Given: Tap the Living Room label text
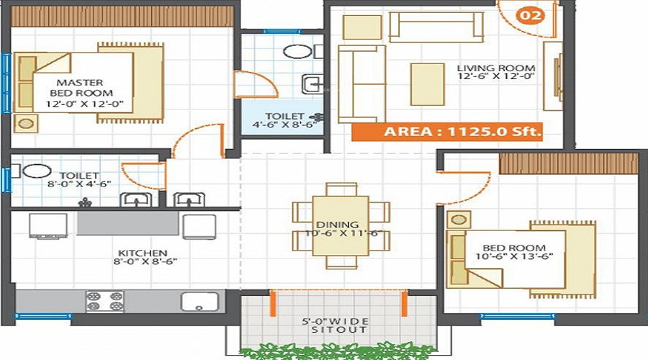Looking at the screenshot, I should (495, 75).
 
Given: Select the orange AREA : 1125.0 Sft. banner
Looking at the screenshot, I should (446, 132).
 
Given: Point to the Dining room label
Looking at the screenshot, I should (341, 230).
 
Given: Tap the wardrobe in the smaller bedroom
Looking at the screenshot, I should (568, 163).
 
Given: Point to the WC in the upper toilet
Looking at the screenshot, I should (294, 52).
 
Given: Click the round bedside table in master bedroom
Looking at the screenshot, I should (27, 122).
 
